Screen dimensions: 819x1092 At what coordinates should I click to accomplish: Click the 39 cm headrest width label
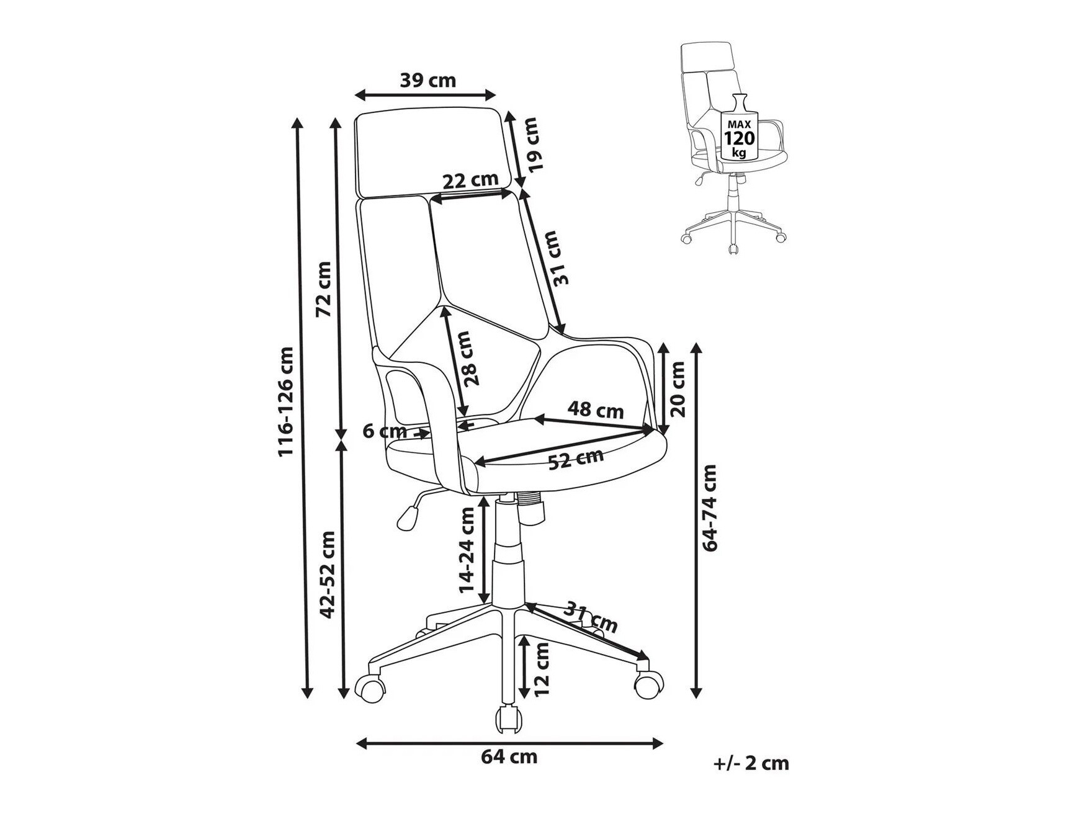tap(427, 80)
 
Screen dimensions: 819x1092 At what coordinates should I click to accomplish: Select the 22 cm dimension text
tap(470, 180)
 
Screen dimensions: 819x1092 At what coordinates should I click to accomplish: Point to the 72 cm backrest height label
tap(324, 289)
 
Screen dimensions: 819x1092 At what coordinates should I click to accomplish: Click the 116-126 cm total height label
tap(285, 402)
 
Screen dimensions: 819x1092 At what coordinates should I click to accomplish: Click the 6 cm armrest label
tap(385, 431)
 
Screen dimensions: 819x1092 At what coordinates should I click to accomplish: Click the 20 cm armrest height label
tap(678, 389)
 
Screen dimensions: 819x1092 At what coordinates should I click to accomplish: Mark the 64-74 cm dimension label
tap(709, 508)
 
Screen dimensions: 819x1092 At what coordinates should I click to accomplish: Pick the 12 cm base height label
tap(541, 669)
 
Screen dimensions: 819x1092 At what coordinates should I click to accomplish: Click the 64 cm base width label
tap(509, 757)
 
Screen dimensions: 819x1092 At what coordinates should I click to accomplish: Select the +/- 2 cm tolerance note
tap(751, 763)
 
